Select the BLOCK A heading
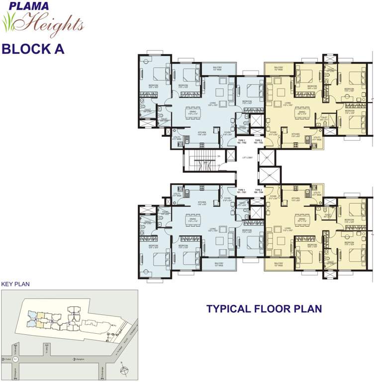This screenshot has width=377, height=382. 33,49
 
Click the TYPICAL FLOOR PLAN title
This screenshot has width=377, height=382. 264,309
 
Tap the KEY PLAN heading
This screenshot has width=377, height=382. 15,285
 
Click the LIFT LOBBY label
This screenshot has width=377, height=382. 247,158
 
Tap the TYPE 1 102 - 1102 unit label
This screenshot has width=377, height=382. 242,142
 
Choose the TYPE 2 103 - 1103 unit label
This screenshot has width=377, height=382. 259,142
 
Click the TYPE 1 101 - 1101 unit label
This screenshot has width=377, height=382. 242,191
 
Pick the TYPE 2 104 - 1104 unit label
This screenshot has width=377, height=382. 259,191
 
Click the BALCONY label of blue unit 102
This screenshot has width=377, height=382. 217,69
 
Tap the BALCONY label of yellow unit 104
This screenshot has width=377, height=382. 279,264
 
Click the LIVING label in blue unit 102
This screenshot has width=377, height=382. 212,104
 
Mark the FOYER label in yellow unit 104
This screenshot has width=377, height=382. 273,197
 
